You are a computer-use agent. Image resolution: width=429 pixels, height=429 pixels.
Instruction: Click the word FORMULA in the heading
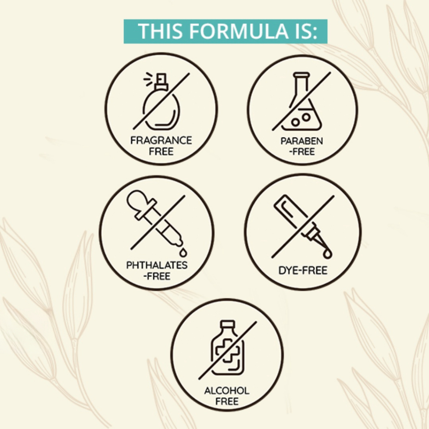click(x=238, y=31)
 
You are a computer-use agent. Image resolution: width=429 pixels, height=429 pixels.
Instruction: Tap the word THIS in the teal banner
click(x=160, y=31)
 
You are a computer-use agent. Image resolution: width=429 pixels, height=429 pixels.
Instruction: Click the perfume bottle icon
click(x=161, y=101)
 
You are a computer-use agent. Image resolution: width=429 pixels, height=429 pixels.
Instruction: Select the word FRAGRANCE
click(x=161, y=140)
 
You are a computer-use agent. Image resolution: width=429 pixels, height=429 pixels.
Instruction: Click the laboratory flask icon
click(x=302, y=101)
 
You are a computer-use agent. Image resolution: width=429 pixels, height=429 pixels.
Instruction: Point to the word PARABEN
click(x=302, y=141)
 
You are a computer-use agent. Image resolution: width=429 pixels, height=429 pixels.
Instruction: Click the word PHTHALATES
click(x=157, y=265)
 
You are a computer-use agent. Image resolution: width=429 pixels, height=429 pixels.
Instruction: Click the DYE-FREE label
click(x=303, y=270)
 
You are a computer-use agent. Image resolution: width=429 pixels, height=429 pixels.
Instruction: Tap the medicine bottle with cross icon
click(x=227, y=348)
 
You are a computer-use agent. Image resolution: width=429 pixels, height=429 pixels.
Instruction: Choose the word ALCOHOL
click(x=227, y=390)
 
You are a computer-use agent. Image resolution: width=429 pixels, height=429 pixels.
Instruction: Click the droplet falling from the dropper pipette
click(x=184, y=253)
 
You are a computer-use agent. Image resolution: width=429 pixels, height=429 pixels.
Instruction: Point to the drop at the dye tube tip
click(x=328, y=254)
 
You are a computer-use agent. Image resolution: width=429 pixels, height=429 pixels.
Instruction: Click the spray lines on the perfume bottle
click(x=148, y=79)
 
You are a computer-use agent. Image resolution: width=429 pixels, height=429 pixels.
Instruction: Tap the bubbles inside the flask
click(x=301, y=120)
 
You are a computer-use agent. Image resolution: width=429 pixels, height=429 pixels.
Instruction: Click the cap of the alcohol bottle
click(x=227, y=324)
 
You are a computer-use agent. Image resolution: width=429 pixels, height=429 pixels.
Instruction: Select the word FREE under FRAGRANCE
click(x=161, y=151)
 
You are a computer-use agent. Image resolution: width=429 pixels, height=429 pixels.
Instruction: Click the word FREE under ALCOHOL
click(x=227, y=401)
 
